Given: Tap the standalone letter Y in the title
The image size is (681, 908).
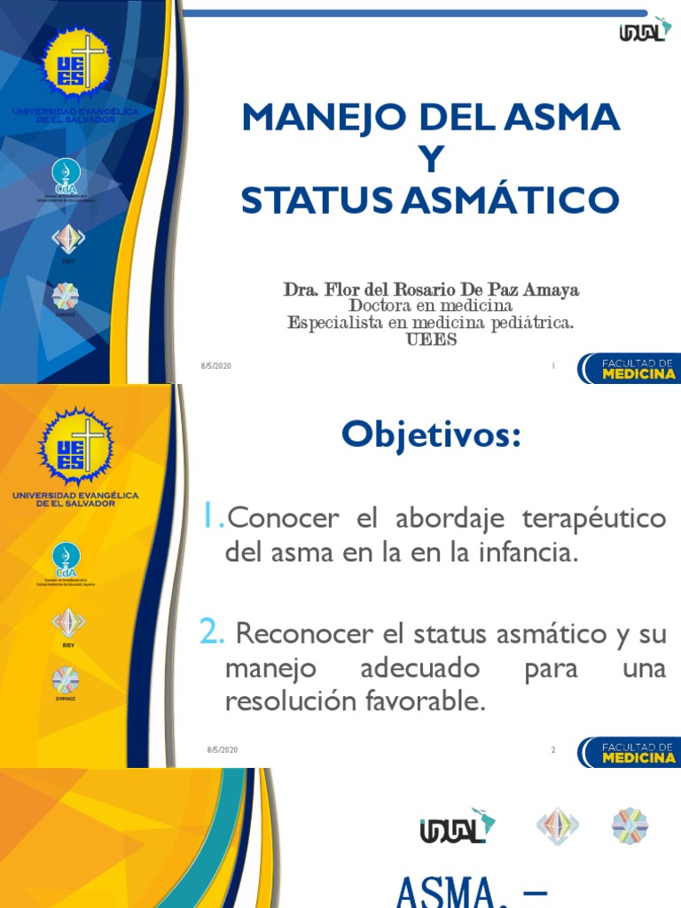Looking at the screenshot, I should (430, 160).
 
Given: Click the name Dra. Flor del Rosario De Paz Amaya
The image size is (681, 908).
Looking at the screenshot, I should (431, 290).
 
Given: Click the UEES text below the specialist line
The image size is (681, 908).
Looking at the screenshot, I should (431, 339).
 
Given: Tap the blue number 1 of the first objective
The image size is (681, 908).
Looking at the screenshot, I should (211, 516).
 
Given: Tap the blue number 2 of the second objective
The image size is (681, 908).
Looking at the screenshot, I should (211, 632).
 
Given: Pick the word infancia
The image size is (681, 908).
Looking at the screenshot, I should (531, 554).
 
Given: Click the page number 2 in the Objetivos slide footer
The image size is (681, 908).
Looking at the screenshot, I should (552, 750).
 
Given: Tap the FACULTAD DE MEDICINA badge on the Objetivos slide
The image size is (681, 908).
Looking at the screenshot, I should (627, 752).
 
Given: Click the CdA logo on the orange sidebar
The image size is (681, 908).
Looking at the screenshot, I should (67, 558).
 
